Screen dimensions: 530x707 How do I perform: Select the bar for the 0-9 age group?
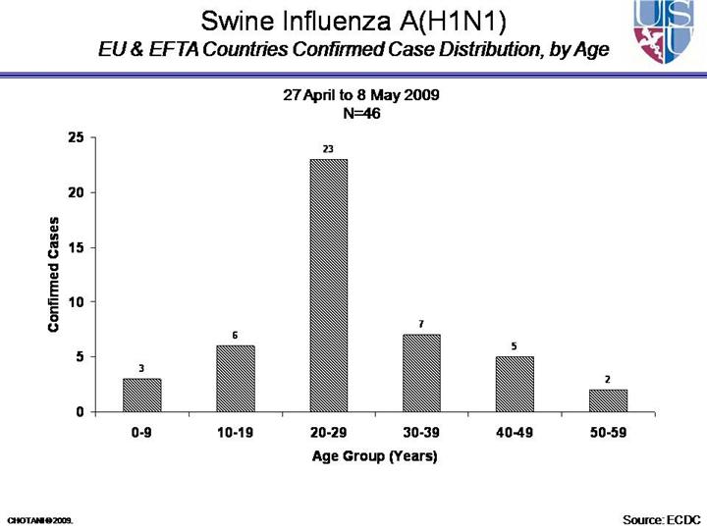coord(141,395)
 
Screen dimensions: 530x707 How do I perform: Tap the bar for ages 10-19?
coord(235,378)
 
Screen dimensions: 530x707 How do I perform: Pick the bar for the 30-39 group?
coord(421,373)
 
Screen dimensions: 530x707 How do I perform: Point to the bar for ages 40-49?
coord(515,384)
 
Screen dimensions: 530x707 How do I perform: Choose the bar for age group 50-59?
coord(608,400)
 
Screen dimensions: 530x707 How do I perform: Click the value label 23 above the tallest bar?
coord(328,149)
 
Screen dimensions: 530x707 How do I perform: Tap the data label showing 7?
coord(421,324)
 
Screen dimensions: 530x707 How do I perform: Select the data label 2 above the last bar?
coord(608,379)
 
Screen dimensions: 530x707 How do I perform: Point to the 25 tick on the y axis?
coord(76,137)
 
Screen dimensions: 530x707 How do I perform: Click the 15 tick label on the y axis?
coord(76,247)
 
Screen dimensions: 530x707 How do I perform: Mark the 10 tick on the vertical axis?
coord(76,302)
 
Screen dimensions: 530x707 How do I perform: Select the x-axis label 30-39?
coord(421,433)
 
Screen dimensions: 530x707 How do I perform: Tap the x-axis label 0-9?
coord(141,433)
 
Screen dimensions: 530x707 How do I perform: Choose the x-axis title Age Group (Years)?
coord(374,456)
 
